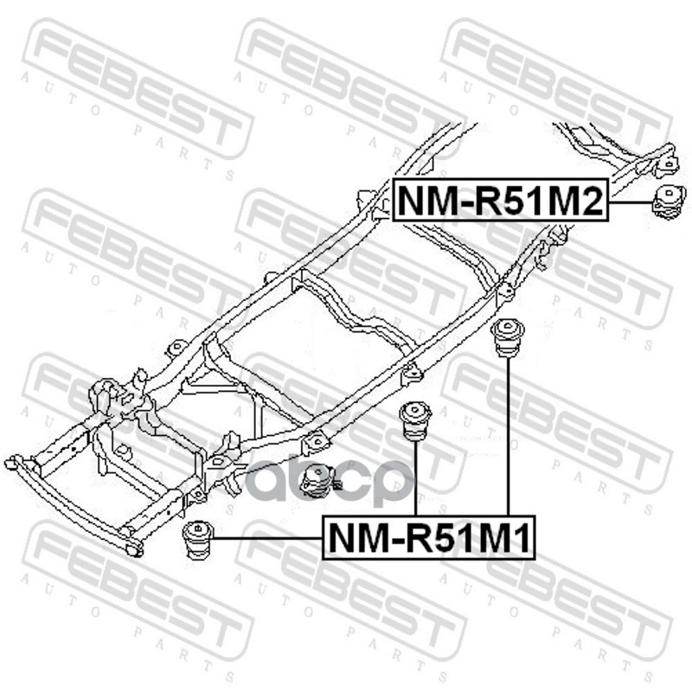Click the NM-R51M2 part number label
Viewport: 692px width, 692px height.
pos(499,200)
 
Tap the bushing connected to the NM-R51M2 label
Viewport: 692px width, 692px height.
pos(668,202)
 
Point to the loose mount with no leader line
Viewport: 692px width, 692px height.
pos(317,481)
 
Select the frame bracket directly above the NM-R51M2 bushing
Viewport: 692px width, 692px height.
pos(666,163)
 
